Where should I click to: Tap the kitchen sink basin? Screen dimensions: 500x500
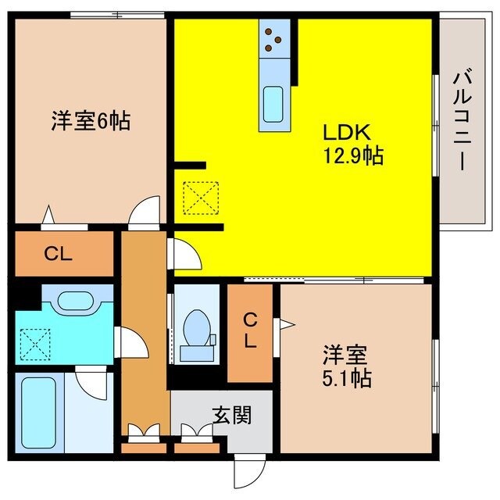(x=273, y=102)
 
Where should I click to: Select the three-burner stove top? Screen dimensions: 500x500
(x=274, y=40)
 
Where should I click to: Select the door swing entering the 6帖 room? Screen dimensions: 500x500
(x=145, y=212)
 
